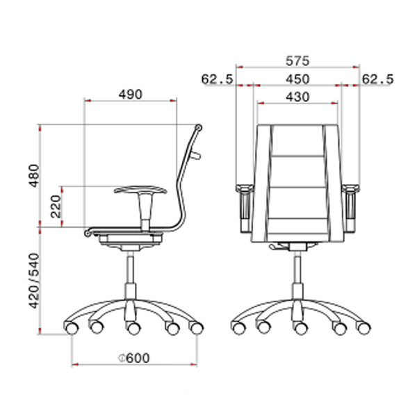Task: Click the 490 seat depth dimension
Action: point(131,95)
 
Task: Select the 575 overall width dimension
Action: point(297,61)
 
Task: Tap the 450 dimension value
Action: point(297,79)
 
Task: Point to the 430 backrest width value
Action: point(297,97)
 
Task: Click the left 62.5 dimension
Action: point(217,79)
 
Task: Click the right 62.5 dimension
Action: point(377,79)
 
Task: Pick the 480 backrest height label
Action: point(34,176)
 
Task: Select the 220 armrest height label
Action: point(56,206)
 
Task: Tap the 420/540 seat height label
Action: point(34,281)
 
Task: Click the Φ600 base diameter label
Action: point(133,358)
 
